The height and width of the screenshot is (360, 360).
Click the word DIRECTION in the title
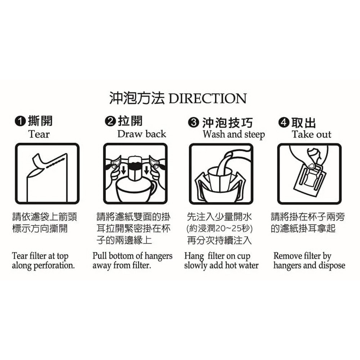tap(207, 99)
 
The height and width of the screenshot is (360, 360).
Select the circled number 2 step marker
tap(110, 121)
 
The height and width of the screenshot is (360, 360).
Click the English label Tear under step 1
tap(39, 134)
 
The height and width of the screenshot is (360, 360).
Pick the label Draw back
tap(141, 134)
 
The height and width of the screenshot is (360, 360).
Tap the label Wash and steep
tap(234, 134)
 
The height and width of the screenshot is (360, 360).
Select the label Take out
tap(311, 134)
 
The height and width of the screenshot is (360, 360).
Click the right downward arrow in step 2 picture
tap(147, 170)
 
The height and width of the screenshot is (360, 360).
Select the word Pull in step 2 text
tap(99, 256)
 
